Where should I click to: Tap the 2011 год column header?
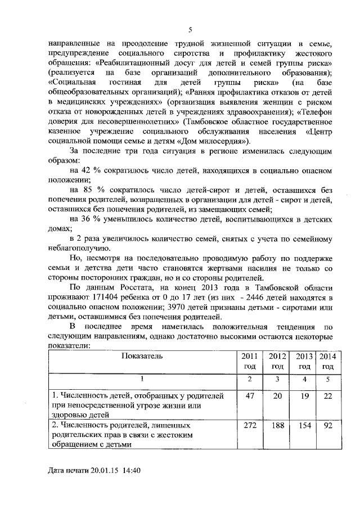(249, 361)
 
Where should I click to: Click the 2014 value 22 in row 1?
(328, 396)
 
